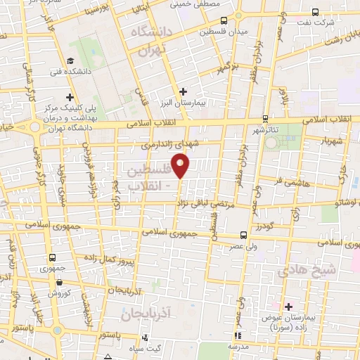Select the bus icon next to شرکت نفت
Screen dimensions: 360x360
pos(314,11)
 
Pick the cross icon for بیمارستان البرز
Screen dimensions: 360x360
pos(183,91)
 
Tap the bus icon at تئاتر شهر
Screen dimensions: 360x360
pos(265,118)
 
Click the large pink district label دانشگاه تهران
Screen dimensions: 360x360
pos(147,41)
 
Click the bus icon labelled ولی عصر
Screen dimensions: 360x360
pos(243,234)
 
